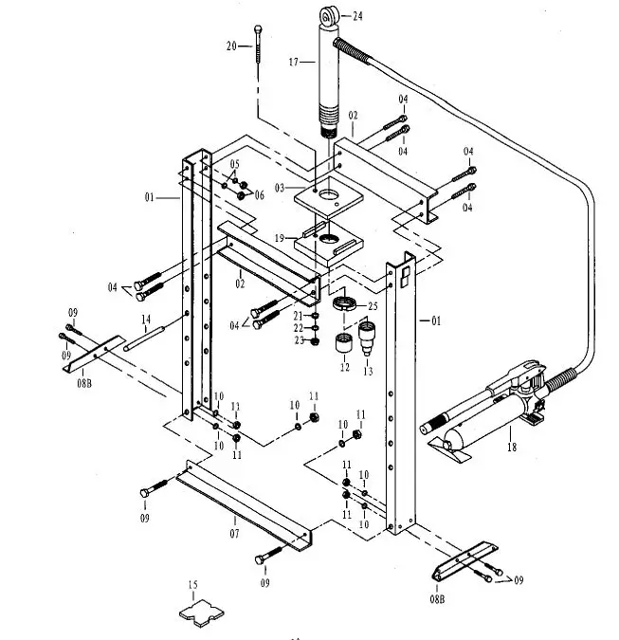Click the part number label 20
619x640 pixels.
pos(230,46)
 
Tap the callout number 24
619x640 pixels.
pos(357,16)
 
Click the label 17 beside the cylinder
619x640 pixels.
pos(293,62)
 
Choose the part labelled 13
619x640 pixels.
pos(367,333)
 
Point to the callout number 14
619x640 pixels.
pos(145,319)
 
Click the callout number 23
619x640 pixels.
pos(297,340)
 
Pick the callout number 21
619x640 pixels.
pos(297,316)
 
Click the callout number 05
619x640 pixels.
pos(234,164)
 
